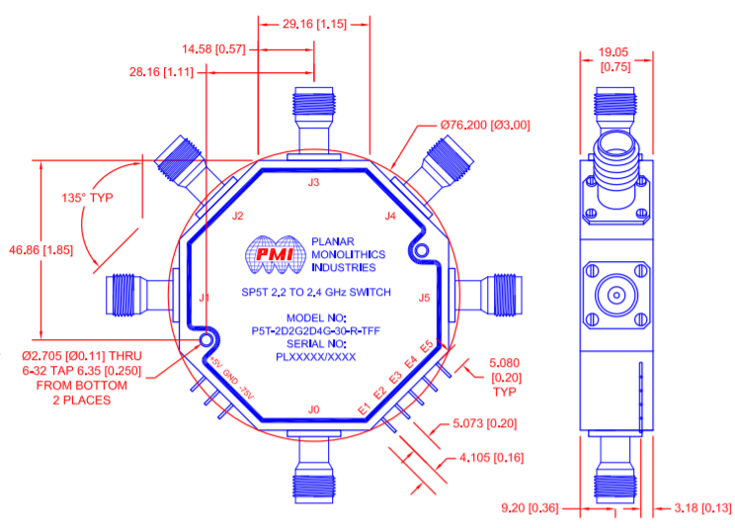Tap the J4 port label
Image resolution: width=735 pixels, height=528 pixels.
390,216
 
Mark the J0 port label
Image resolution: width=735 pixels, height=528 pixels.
314,408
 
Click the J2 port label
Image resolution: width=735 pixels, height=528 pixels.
237,216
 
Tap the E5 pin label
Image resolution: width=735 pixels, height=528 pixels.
426,348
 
